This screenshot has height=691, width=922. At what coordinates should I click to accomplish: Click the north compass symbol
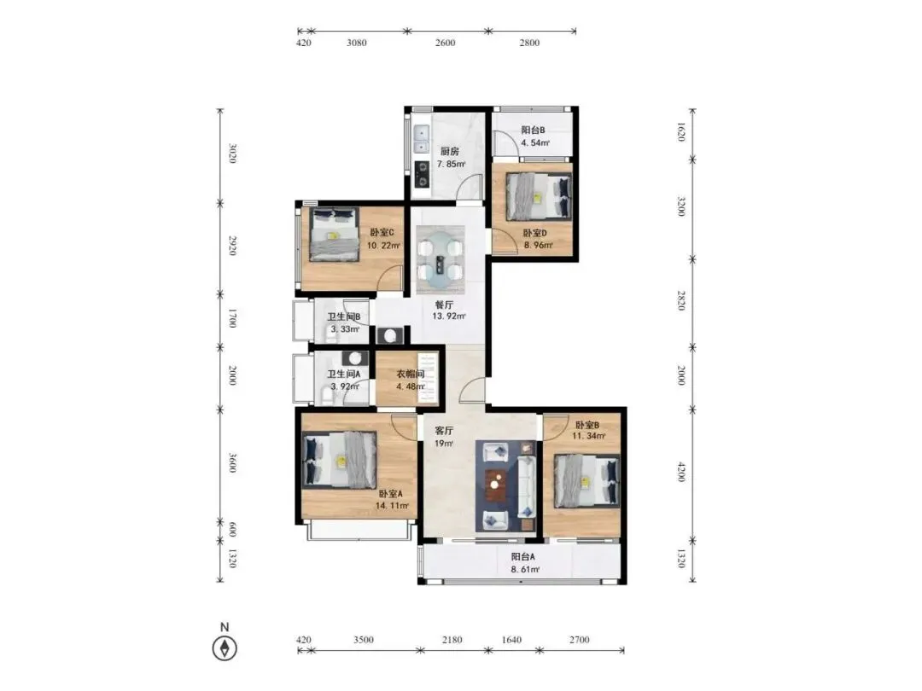pos(224,648)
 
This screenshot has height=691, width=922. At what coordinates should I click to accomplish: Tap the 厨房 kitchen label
pos(450,152)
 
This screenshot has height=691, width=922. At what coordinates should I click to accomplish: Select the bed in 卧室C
pos(334,234)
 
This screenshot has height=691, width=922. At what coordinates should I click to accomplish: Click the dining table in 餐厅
pos(441,259)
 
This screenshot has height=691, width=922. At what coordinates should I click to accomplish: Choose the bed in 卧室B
pos(587,481)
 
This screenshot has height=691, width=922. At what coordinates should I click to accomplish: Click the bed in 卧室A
pos(339,460)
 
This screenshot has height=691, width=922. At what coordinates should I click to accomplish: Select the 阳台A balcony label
pos(522,556)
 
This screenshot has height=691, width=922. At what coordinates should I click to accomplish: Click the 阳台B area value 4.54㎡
pos(535,142)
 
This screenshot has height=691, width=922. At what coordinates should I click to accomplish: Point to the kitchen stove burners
pos(422,173)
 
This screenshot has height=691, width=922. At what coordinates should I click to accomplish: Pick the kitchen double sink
pos(421,140)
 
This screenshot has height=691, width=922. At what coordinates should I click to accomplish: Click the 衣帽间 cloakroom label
pos(410,374)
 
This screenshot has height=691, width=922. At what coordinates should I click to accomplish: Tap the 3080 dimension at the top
pos(356,43)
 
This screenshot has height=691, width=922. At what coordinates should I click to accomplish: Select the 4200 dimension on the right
pos(681,472)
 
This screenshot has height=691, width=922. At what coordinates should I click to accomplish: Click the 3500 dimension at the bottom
pos(364,640)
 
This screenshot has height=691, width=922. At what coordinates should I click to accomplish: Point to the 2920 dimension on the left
pos(232,246)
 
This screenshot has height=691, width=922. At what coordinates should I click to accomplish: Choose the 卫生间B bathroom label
pos(344,316)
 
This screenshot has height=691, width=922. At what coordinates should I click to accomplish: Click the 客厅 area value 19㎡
pos(444,443)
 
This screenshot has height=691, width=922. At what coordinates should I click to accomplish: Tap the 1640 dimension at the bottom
pos(511,640)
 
